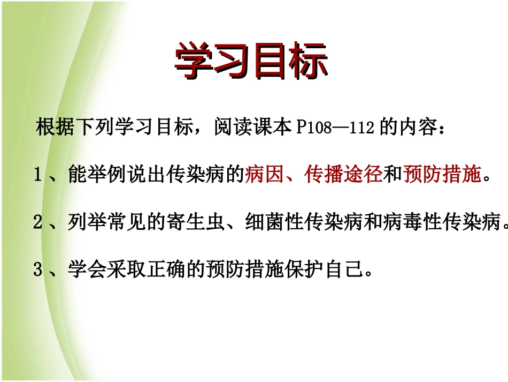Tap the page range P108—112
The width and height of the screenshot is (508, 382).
[x=335, y=129]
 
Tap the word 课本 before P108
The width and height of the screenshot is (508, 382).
[x=272, y=129]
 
